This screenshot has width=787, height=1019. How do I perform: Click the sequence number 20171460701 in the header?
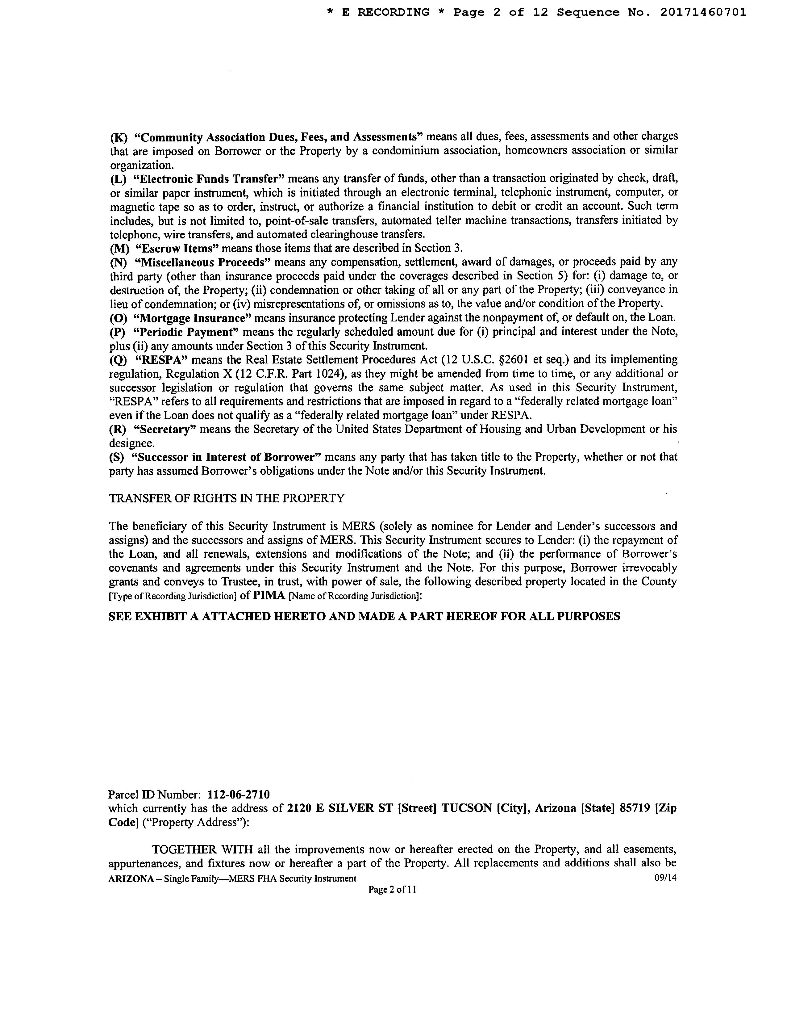(703, 13)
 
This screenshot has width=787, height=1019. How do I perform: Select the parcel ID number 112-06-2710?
(238, 794)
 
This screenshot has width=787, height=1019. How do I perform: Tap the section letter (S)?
(117, 457)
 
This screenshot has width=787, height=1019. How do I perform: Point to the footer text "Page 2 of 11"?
(392, 890)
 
